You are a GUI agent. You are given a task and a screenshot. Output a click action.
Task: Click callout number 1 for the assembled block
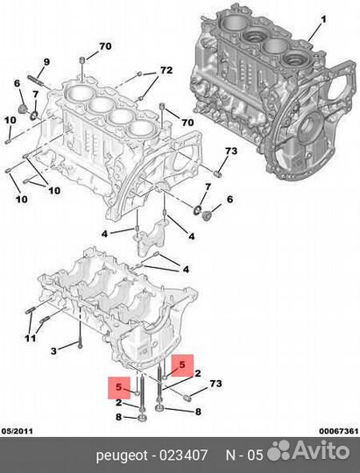[322, 19]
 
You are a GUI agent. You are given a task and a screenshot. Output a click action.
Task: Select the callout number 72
[166, 70]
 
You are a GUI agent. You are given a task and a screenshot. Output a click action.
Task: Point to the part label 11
[30, 339]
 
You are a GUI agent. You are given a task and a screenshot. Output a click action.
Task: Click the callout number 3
[53, 350]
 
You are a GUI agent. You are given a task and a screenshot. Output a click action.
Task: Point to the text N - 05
[243, 455]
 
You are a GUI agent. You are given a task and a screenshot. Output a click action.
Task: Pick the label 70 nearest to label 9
[104, 46]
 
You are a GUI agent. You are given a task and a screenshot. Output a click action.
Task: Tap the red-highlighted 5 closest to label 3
[116, 386]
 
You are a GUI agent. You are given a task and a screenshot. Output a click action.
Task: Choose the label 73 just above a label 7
[230, 152]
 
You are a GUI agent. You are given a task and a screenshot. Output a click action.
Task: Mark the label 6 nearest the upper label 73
[230, 200]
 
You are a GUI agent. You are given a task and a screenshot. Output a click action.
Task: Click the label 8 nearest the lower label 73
[197, 411]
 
